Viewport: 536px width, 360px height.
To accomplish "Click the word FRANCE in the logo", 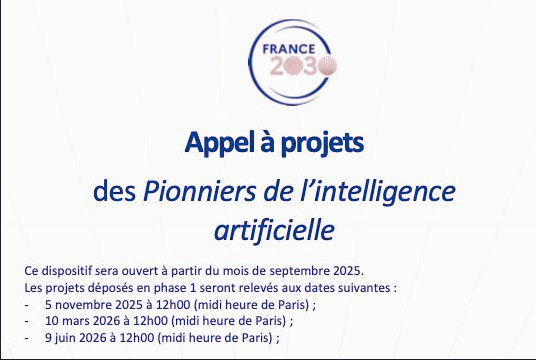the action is click(289, 49).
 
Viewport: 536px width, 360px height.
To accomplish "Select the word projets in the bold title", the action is click(322, 143).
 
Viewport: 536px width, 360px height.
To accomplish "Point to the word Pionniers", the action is click(199, 191).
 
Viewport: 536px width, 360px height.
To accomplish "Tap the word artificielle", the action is click(274, 230).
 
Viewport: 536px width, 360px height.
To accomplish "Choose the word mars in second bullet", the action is click(76, 321).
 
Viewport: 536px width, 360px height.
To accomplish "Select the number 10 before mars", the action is click(51, 321).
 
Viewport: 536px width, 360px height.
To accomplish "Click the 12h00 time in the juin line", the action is click(137, 338).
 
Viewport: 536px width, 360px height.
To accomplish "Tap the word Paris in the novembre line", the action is click(293, 304).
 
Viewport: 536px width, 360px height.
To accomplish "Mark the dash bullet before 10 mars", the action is click(26, 322).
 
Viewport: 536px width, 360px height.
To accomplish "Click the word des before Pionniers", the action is click(115, 191).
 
